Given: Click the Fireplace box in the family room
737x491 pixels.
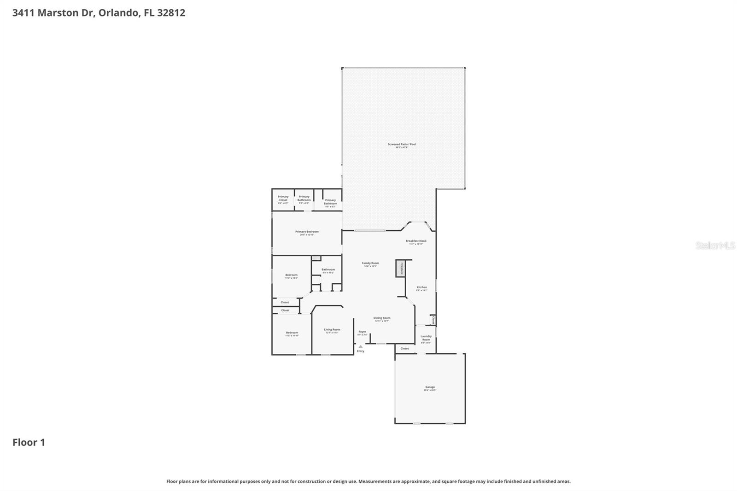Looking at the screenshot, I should coord(400,269).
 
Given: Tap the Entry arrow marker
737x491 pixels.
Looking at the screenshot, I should coord(360,347).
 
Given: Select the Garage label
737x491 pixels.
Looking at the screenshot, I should coord(430,387).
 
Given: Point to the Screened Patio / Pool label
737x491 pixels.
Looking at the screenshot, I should coord(402,145).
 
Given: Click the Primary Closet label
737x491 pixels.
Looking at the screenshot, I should coord(283,199).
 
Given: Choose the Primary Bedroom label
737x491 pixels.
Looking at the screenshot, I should coord(307,232).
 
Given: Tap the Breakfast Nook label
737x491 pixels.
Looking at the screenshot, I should coord(416,241).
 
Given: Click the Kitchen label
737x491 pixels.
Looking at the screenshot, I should coord(421,287).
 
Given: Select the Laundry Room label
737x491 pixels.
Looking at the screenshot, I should coord(426,338).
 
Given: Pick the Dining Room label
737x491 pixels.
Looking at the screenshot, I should coord(381,318).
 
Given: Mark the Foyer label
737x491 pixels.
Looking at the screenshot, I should coord(363,332).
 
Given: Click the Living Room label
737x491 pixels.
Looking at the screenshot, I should coord(332,330).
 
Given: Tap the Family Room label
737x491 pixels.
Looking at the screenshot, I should coord(370,263).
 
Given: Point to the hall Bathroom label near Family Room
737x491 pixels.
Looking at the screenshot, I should coord(328,270).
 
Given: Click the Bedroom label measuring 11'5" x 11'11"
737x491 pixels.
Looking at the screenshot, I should coord(292,333).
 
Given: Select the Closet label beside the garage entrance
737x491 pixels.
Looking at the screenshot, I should coord(404,349).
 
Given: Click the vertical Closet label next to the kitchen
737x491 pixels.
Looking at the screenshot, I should coord(433,320).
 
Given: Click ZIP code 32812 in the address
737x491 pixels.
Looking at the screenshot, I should coord(171,12).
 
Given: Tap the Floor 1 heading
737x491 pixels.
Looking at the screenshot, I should coord(29,442).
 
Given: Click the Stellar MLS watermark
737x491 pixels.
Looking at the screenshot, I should coord(715,245).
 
